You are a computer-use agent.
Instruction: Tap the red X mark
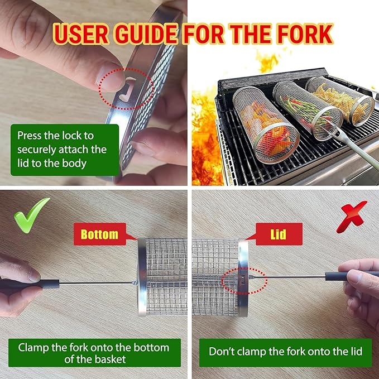pos(352,217)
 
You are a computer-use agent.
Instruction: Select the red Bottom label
pos(99,234)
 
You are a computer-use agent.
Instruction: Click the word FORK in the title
pos(305,34)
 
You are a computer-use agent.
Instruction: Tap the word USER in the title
pos(81,34)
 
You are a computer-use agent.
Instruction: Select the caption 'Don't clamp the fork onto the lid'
pos(285,352)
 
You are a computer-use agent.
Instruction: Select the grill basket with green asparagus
pos(308,110)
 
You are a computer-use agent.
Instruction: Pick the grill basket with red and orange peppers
pos(266,124)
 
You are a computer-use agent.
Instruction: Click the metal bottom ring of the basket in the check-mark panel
pos(142,277)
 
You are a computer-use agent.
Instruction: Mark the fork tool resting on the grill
pos(351,145)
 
